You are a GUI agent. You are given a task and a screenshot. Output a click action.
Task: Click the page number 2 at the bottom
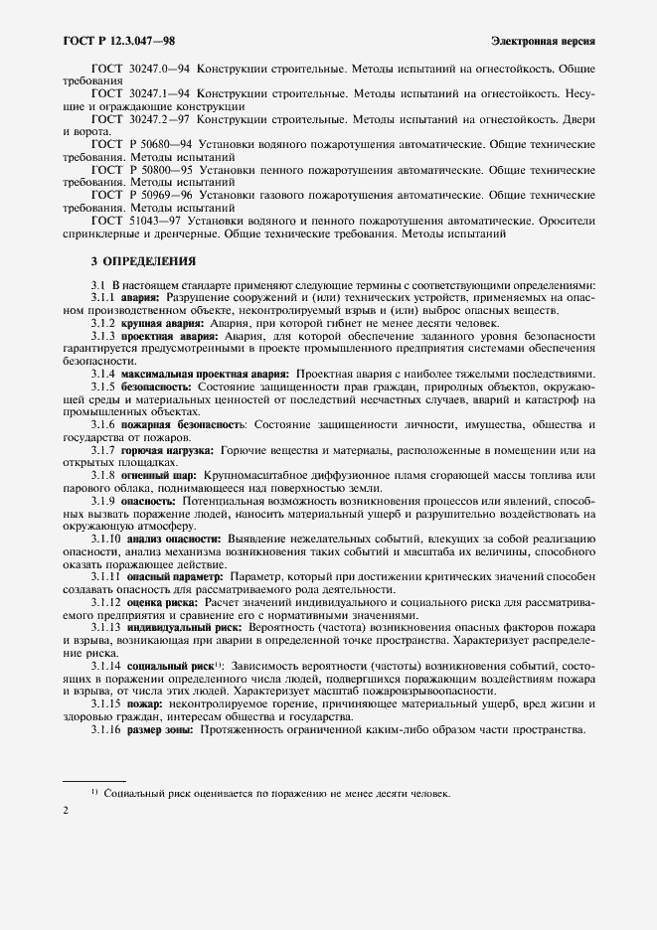point(65,812)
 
